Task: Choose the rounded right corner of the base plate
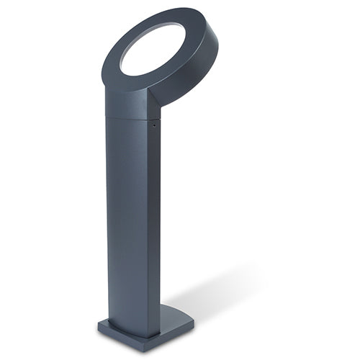(192, 322)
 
